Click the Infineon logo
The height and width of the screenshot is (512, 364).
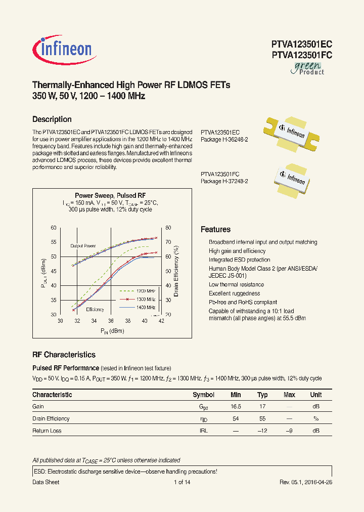(63, 49)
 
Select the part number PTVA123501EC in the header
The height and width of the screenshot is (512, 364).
(301, 44)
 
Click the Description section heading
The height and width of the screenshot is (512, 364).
(52, 119)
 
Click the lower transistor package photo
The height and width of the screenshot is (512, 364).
(292, 178)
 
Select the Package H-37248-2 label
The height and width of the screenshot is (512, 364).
(224, 181)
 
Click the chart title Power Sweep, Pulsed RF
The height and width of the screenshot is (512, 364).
(110, 195)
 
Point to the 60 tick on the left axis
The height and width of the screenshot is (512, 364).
(54, 228)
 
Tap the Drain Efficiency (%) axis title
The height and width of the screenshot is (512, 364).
(176, 271)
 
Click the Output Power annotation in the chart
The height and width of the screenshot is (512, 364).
(83, 246)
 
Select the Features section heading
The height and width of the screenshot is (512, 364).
(215, 229)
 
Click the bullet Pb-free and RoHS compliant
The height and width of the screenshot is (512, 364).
(243, 302)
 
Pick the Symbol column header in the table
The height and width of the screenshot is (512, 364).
(203, 395)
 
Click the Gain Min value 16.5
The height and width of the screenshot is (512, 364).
(236, 406)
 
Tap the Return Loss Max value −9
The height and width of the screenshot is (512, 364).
(289, 431)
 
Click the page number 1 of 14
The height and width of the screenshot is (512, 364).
(181, 482)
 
